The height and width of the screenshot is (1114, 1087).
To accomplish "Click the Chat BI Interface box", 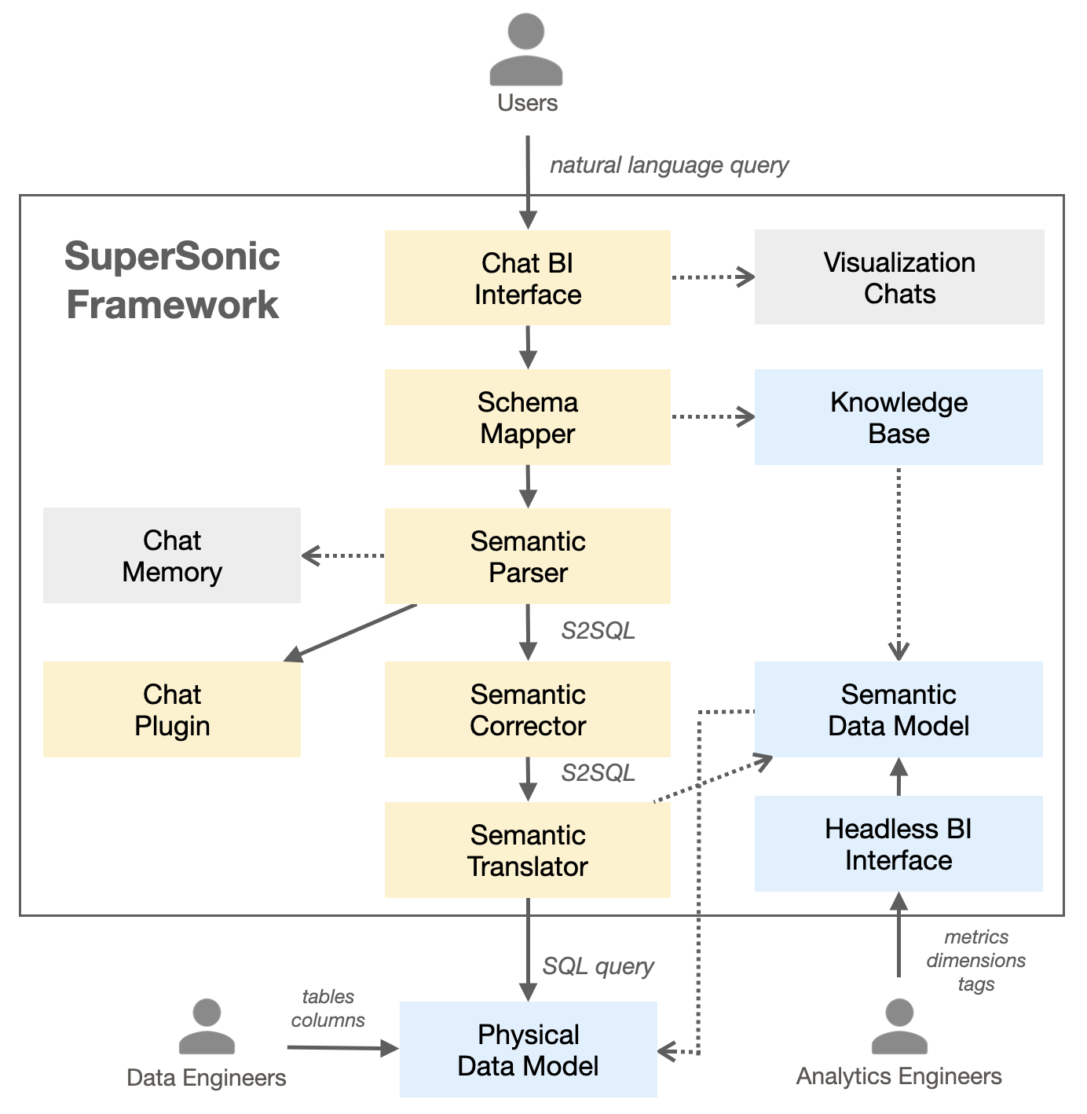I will coord(527,277).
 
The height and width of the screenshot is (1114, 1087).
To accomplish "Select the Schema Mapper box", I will coord(527,417).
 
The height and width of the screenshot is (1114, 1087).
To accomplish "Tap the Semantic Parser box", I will coord(527,556).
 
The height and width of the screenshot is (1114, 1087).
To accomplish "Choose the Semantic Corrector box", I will coord(527,709).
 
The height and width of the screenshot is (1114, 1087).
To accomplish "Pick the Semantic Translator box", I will coord(527,850).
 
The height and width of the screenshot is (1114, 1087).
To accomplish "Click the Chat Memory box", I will coord(171,555).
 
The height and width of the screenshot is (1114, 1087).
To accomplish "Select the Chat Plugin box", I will coord(171,709).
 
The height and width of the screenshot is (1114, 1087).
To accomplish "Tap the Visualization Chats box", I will coord(899,277).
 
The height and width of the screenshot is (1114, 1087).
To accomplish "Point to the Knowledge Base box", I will coord(899,417).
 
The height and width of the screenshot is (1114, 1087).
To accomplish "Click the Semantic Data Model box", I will coord(899,709).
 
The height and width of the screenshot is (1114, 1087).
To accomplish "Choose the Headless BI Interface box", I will coord(899,844).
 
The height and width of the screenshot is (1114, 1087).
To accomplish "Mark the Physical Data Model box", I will coord(528,1050).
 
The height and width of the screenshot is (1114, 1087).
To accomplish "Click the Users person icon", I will coord(526,51).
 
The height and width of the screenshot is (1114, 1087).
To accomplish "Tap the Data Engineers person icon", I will coord(207,1027).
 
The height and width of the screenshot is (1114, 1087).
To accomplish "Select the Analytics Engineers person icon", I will coord(899,1027).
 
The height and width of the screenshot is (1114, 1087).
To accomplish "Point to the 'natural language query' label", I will coord(668,166).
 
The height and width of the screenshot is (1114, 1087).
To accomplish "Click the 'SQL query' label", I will coord(598,966).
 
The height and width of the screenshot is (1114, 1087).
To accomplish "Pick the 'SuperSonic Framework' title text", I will coord(172,280).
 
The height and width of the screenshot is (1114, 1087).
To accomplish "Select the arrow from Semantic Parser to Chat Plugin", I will coord(350,632).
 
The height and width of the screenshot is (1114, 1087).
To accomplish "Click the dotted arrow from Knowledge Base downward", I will coord(899,562).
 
